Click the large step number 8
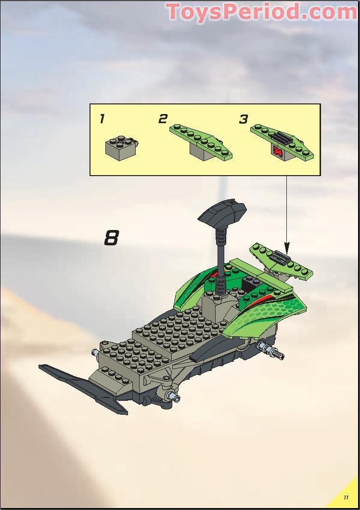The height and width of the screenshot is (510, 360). pyautogui.click(x=111, y=238)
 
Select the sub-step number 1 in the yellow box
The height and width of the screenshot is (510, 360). pyautogui.click(x=102, y=119)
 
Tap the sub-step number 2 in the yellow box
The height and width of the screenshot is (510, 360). pyautogui.click(x=163, y=119)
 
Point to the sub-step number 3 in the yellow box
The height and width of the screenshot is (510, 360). pyautogui.click(x=244, y=119)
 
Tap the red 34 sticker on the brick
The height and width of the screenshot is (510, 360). pyautogui.click(x=277, y=151)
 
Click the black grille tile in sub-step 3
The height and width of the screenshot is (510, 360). pyautogui.click(x=282, y=140)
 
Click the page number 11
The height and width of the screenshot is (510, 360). pyautogui.click(x=346, y=497)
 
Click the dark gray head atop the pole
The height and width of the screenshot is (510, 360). pyautogui.click(x=222, y=212)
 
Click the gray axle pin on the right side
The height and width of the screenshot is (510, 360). pyautogui.click(x=272, y=351)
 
